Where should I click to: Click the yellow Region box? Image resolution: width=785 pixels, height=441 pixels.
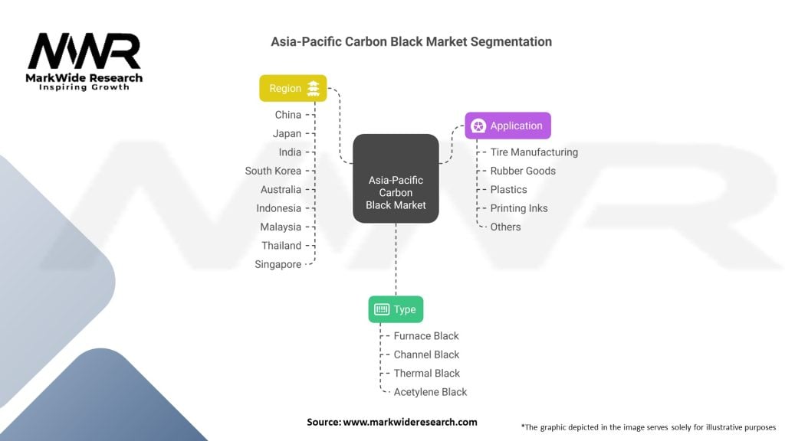[293, 88]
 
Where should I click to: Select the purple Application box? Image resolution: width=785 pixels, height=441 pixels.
[507, 126]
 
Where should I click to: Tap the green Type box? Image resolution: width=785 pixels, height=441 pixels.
[396, 309]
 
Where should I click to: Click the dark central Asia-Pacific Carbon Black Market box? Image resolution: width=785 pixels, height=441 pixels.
[396, 178]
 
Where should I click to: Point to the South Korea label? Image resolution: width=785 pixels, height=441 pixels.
[273, 171]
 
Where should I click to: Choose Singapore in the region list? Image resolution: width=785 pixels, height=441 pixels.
[278, 264]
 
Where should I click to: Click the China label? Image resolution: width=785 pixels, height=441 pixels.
[288, 115]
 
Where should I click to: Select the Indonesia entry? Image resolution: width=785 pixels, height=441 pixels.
[278, 208]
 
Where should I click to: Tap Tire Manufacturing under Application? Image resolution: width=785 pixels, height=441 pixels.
[534, 152]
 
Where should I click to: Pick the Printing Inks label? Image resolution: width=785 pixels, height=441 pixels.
[519, 208]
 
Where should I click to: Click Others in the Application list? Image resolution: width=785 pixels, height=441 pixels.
[505, 227]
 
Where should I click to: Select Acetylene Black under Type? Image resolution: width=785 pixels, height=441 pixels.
[430, 392]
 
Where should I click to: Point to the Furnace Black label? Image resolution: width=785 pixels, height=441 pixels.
[426, 336]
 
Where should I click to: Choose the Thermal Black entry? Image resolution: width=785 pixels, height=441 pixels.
[426, 373]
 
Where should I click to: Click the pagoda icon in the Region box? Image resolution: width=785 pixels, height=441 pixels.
[314, 88]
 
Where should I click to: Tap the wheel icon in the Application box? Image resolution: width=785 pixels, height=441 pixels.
[478, 126]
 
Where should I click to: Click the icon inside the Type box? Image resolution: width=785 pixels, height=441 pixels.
[382, 309]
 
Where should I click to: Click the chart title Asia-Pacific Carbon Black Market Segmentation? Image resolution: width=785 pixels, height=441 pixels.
[411, 41]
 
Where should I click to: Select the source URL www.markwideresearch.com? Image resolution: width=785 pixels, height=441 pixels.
[410, 422]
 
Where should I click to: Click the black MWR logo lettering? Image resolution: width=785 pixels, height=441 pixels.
[84, 51]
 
